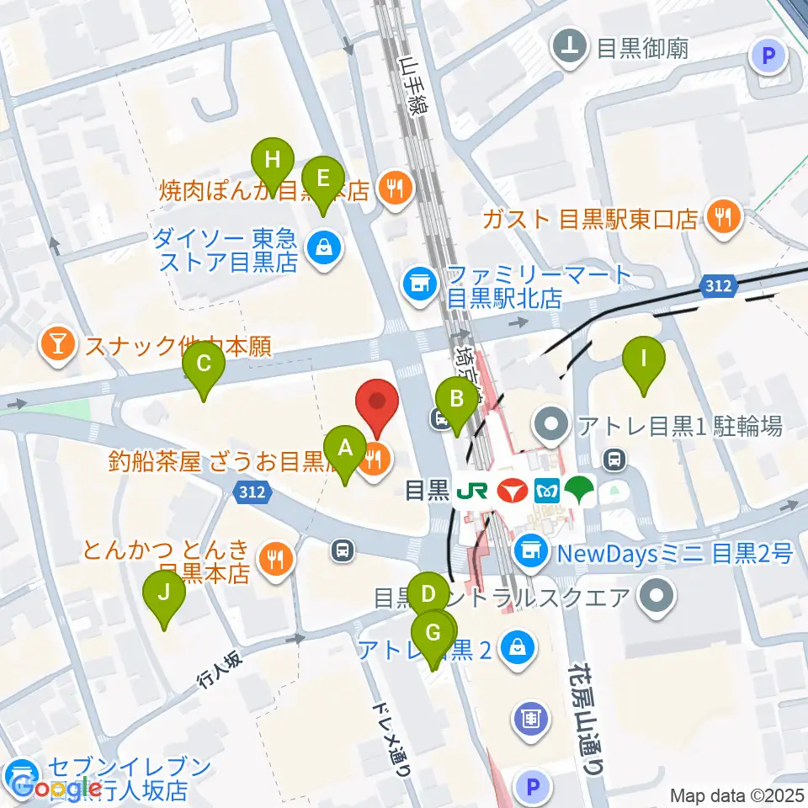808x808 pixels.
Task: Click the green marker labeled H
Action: coord(273,160)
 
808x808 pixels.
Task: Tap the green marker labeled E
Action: coord(322,178)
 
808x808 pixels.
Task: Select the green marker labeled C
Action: coord(204,364)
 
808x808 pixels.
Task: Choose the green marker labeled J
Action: coord(164,593)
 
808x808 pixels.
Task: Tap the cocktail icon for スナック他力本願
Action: coord(57,346)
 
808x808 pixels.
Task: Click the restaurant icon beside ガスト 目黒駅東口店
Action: coord(722,220)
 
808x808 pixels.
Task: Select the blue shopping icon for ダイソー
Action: coord(322,247)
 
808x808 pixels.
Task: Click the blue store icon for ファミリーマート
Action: coord(417,282)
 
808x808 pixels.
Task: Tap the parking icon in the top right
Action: coord(768,57)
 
